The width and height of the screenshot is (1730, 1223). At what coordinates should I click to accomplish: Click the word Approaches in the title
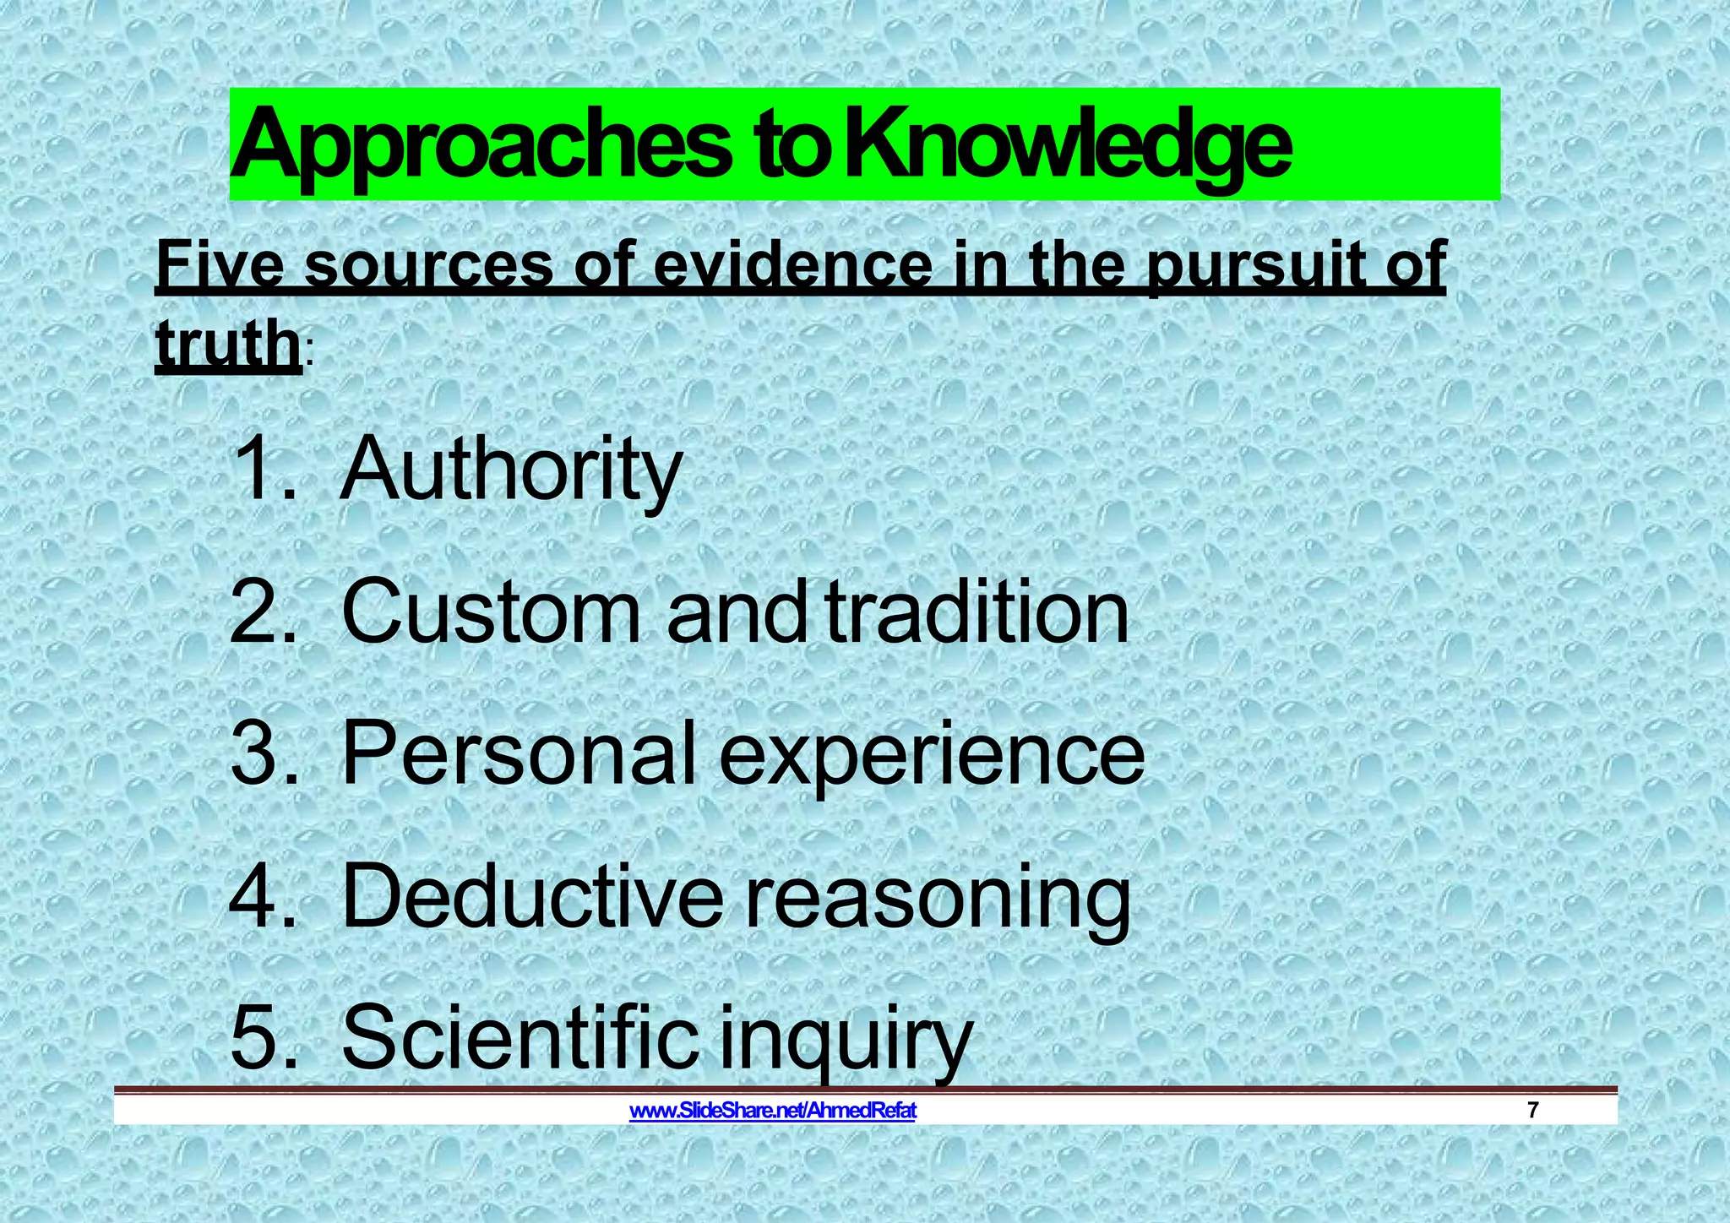(481, 145)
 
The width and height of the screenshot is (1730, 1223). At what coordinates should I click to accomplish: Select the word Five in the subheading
(220, 265)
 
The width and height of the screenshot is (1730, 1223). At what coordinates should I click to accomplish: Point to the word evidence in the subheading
(794, 265)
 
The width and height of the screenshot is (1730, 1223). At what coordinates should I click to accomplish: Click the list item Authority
(510, 470)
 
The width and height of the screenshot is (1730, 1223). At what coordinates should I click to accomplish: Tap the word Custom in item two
(490, 611)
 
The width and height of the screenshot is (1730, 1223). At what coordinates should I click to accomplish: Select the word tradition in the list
(977, 611)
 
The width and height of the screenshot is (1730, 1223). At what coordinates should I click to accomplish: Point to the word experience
(932, 753)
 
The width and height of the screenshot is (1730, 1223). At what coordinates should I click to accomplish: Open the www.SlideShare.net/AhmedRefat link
(773, 1111)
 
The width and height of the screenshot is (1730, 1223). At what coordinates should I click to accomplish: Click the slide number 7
(1533, 1111)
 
